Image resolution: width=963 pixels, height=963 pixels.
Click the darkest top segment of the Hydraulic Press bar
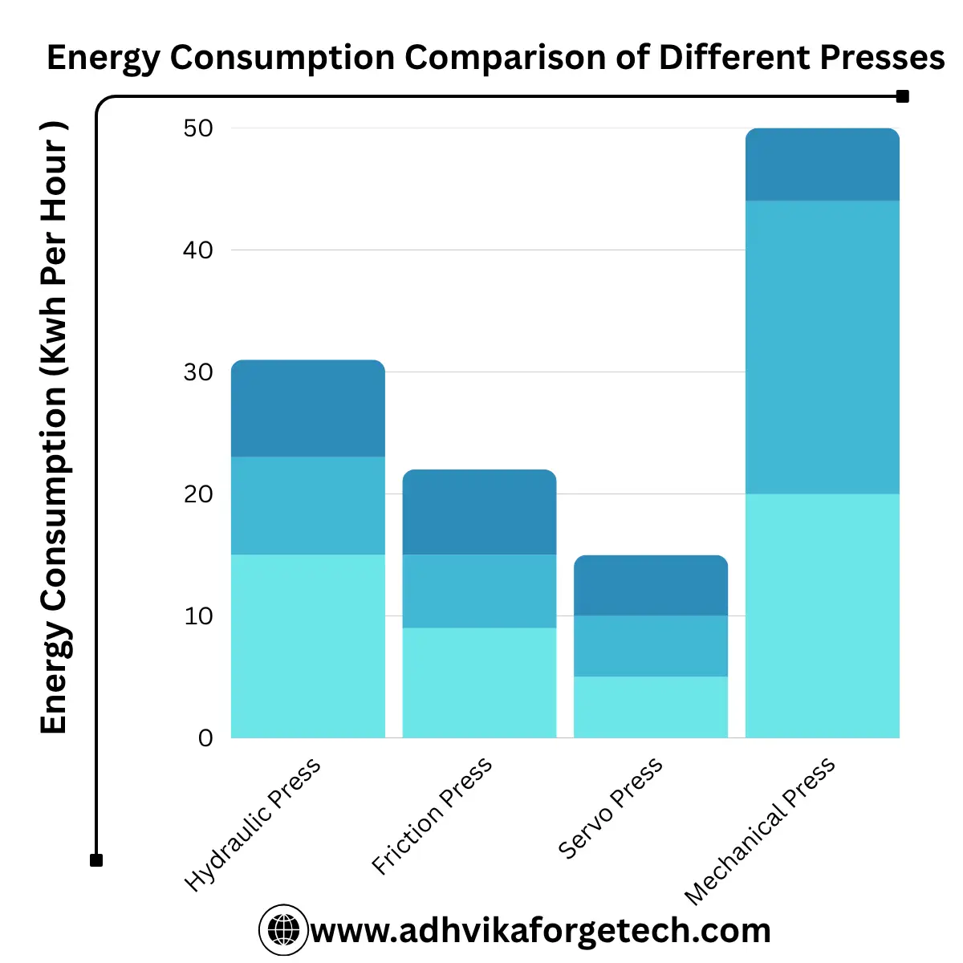pyautogui.click(x=308, y=408)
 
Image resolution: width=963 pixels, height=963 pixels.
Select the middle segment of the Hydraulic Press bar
pyautogui.click(x=308, y=506)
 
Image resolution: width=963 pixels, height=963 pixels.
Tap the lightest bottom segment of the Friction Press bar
pyautogui.click(x=479, y=682)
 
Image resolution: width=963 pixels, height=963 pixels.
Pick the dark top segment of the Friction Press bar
pyautogui.click(x=479, y=512)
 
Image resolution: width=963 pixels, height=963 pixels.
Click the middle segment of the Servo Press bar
pyautogui.click(x=651, y=646)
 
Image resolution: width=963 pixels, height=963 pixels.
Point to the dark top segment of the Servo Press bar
pyautogui.click(x=651, y=586)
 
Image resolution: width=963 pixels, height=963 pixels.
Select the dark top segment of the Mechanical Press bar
pyautogui.click(x=823, y=165)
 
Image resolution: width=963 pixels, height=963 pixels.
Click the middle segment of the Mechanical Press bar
pyautogui.click(x=823, y=347)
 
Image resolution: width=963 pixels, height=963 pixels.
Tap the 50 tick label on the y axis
pyautogui.click(x=198, y=128)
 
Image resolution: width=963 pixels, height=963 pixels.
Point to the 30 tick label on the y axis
pyautogui.click(x=198, y=372)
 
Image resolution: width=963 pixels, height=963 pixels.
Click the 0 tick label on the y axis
pyautogui.click(x=205, y=738)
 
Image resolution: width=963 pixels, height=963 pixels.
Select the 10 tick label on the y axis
pyautogui.click(x=198, y=616)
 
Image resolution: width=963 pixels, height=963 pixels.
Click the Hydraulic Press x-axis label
pyautogui.click(x=253, y=824)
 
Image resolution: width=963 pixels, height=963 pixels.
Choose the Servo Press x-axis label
pyautogui.click(x=611, y=807)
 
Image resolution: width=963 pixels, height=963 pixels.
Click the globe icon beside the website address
pyautogui.click(x=283, y=930)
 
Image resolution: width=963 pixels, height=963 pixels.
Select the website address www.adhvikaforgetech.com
pyautogui.click(x=540, y=931)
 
